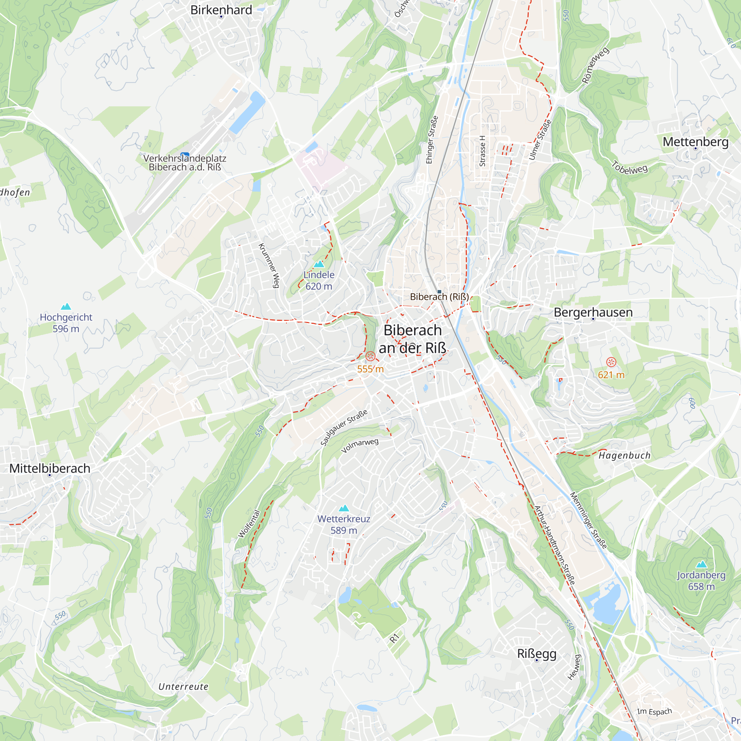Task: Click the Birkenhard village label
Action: (x=221, y=10)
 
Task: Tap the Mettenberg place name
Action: (x=695, y=142)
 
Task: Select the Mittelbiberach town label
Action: (x=50, y=468)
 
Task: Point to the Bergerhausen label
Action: (x=593, y=312)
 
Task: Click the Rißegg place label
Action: (x=536, y=654)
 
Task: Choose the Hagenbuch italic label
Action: (x=624, y=456)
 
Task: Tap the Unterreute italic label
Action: (x=183, y=687)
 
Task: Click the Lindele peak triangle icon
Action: (x=319, y=264)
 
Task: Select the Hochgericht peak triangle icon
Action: (x=66, y=306)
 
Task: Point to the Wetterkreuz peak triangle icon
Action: (x=344, y=508)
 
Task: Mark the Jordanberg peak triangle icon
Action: (x=701, y=564)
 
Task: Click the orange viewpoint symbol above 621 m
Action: (x=611, y=362)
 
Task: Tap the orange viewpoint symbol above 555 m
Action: (x=370, y=356)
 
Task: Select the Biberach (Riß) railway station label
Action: (x=439, y=296)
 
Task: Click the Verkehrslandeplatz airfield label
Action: (x=185, y=162)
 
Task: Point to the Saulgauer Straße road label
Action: (x=344, y=428)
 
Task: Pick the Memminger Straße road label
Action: (x=588, y=521)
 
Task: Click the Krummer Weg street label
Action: (x=269, y=265)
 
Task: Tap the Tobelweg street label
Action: (x=629, y=167)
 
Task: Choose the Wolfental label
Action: (x=249, y=524)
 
